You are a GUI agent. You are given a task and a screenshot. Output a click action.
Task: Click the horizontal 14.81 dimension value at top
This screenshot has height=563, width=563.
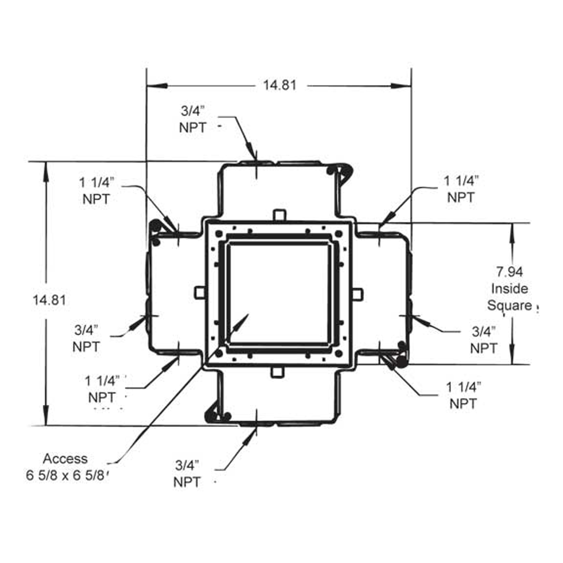click(280, 85)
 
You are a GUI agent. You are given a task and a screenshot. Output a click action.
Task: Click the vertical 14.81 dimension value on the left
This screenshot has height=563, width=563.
click(49, 300)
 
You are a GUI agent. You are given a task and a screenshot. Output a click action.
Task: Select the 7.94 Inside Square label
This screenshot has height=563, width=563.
click(509, 288)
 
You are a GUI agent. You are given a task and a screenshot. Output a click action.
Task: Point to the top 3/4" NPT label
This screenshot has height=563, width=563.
click(193, 119)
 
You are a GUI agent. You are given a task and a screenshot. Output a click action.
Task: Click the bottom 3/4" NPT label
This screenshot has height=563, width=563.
click(187, 473)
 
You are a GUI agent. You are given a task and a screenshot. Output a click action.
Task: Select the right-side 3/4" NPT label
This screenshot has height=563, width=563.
click(483, 340)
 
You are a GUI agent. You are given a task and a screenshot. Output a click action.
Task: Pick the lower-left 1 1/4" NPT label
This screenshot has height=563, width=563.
click(102, 389)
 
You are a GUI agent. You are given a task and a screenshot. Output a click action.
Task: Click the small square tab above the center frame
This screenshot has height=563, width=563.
click(279, 214)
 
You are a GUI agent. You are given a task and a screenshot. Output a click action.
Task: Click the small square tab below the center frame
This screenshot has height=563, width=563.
click(279, 372)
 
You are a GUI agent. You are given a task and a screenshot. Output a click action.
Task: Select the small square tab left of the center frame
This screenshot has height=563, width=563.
click(199, 293)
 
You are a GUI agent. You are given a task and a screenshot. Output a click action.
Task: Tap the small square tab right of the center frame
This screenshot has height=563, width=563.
click(358, 294)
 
